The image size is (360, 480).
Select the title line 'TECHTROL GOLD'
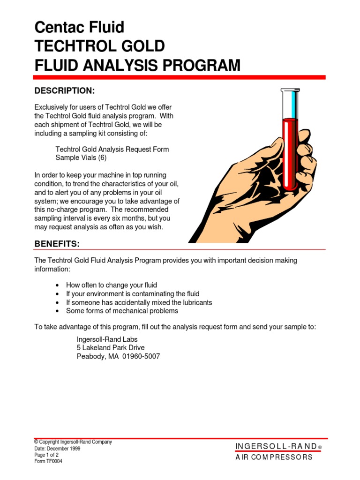[99, 46]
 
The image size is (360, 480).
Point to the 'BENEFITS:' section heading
[57, 244]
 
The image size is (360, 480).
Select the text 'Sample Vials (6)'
[81, 158]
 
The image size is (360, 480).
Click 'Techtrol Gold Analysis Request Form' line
[112, 149]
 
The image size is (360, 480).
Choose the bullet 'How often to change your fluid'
[112, 285]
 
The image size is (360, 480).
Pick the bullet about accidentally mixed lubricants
[139, 302]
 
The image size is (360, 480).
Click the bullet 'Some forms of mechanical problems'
[122, 311]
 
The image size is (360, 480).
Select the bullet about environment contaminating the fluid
[133, 294]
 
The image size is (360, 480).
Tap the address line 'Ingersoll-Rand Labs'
[107, 339]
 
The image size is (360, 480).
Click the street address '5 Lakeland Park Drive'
[111, 347]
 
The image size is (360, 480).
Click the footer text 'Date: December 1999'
[57, 448]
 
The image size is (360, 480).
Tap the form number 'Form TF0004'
[48, 461]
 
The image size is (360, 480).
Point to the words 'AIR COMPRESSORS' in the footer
[274, 457]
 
